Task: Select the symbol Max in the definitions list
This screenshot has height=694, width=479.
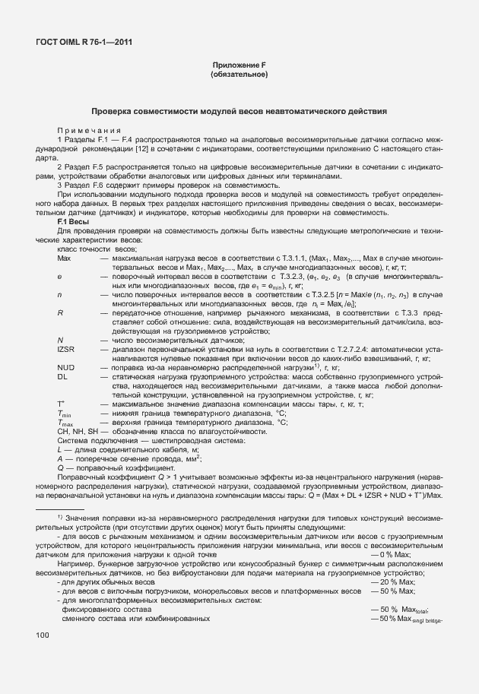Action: [x=64, y=258]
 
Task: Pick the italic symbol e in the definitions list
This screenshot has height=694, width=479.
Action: [x=59, y=277]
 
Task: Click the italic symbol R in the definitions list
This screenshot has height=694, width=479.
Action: [x=60, y=312]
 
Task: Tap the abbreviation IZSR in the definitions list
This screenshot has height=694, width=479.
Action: [x=65, y=347]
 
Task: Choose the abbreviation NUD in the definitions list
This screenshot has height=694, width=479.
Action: [x=65, y=367]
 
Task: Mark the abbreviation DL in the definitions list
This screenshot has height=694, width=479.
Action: [x=62, y=376]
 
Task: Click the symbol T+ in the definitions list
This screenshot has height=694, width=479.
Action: [x=61, y=404]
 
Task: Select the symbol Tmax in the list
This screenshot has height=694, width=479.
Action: [x=65, y=423]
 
